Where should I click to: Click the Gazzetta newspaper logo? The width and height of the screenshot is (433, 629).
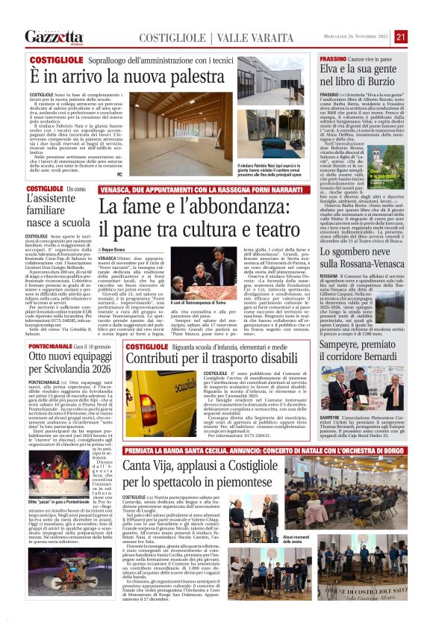(54, 37)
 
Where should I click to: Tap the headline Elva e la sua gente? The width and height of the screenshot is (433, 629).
(364, 75)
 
